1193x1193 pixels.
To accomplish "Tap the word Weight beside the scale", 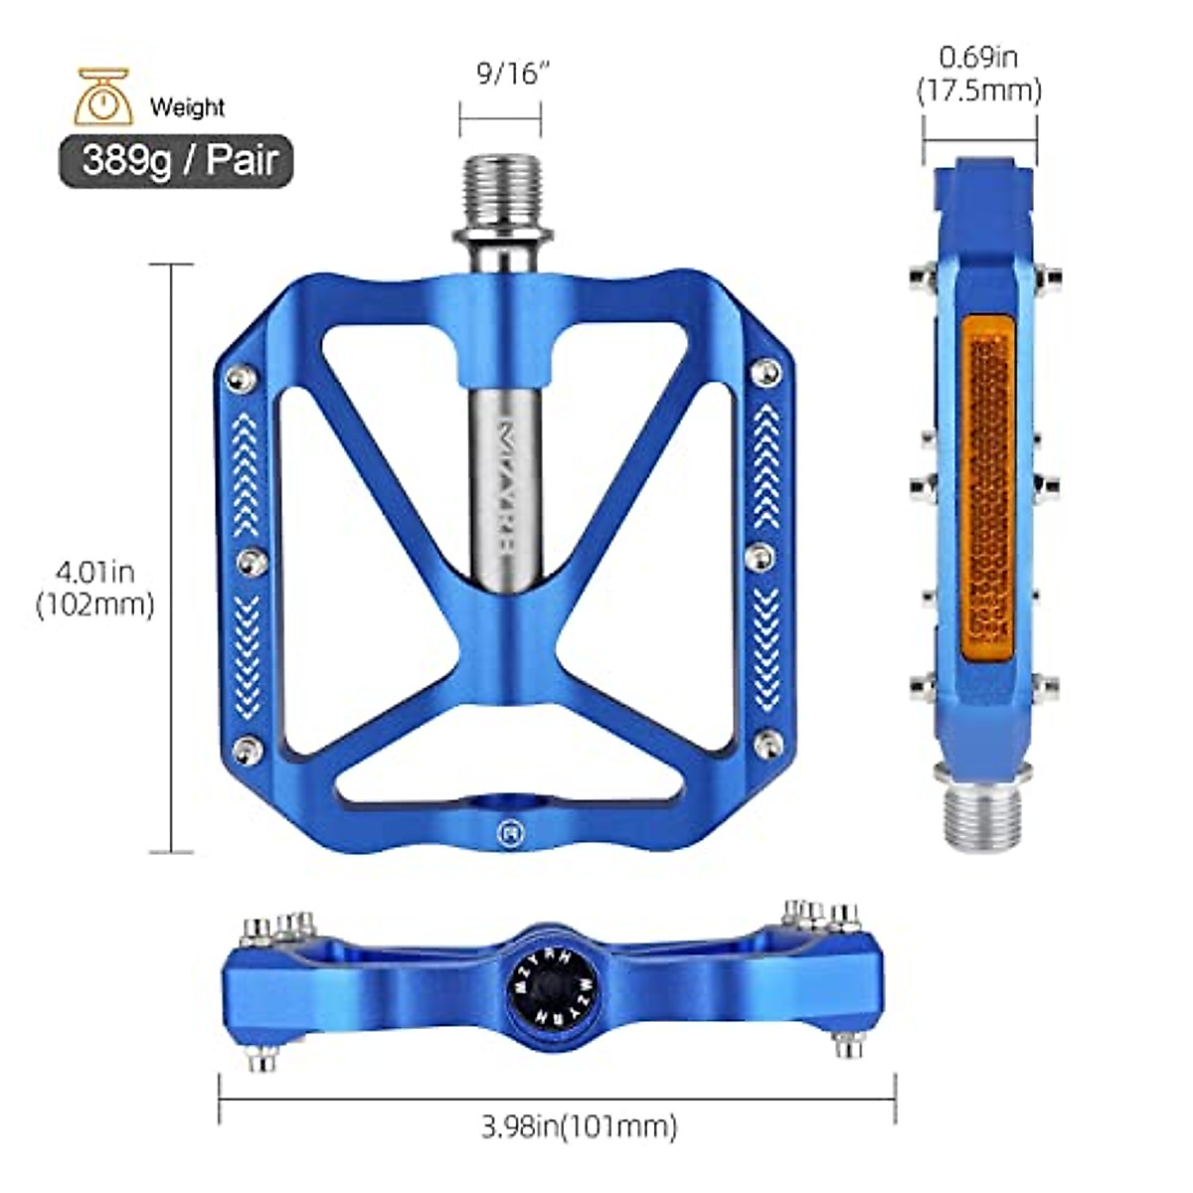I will [x=187, y=106].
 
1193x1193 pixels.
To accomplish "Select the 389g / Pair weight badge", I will [x=177, y=161].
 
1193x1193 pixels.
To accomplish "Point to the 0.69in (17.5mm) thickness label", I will [x=978, y=75].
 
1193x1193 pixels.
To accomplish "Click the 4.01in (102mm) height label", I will [x=94, y=588].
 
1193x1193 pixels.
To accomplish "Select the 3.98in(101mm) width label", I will [x=580, y=1126].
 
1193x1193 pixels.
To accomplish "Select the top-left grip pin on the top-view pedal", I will [x=239, y=376].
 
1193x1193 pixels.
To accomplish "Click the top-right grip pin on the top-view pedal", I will [x=767, y=371].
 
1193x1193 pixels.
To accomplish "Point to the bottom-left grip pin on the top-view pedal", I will [x=250, y=747].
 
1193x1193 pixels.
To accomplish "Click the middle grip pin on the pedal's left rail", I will [x=250, y=562].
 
